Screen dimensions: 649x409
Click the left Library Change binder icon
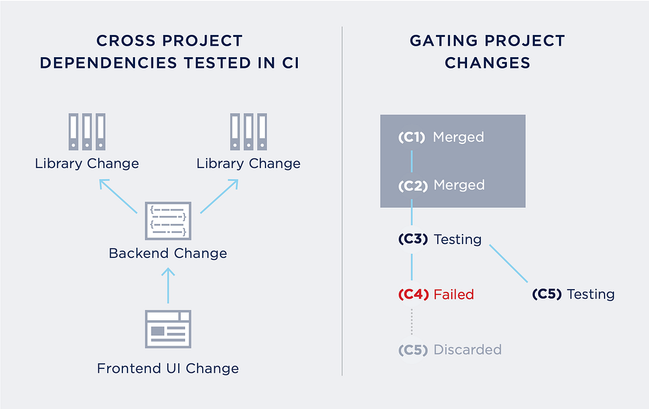click(x=87, y=132)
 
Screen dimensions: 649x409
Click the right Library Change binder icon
click(x=248, y=132)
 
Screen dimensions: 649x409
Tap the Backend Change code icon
click(x=168, y=221)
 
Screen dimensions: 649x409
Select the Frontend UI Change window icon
click(x=168, y=329)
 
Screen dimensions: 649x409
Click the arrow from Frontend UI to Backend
click(x=168, y=285)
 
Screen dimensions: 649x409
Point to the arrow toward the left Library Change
click(x=118, y=196)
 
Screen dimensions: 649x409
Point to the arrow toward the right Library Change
click(x=219, y=196)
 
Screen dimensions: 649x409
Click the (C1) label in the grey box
click(x=412, y=137)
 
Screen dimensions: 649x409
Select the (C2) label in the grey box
click(x=413, y=185)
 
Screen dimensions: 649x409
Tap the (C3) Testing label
click(x=440, y=239)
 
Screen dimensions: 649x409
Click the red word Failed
click(x=454, y=294)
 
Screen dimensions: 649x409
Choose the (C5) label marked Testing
click(x=547, y=294)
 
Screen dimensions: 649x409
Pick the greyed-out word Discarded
click(x=468, y=350)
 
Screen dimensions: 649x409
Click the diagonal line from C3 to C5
click(x=509, y=264)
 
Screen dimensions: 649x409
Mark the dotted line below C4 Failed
click(x=411, y=321)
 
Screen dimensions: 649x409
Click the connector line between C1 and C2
click(x=411, y=161)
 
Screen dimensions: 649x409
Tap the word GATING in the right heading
click(x=444, y=41)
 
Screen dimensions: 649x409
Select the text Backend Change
click(x=168, y=254)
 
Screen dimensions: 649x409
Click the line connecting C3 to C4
click(x=411, y=267)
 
